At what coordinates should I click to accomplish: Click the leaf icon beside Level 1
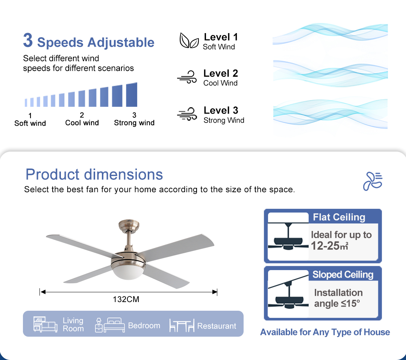click(189, 40)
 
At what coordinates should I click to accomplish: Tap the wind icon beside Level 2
click(187, 77)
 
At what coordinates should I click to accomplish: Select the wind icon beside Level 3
click(187, 114)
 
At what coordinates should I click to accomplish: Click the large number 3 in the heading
click(28, 40)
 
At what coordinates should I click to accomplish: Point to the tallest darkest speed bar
click(132, 94)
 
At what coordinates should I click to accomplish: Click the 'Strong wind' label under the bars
click(134, 123)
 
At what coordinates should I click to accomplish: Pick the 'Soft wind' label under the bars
click(30, 123)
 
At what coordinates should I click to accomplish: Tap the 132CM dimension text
click(126, 299)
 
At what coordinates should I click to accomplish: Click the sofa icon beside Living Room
click(45, 324)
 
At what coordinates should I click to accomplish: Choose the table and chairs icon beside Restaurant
click(182, 325)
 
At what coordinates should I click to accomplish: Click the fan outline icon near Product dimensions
click(373, 181)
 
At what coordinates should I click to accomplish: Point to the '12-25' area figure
click(325, 246)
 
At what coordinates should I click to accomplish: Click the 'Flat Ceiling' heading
click(339, 217)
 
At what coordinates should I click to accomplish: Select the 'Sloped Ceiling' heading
click(343, 275)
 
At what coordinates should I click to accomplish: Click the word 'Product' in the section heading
click(52, 174)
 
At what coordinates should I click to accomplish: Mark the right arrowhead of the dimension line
click(215, 292)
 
